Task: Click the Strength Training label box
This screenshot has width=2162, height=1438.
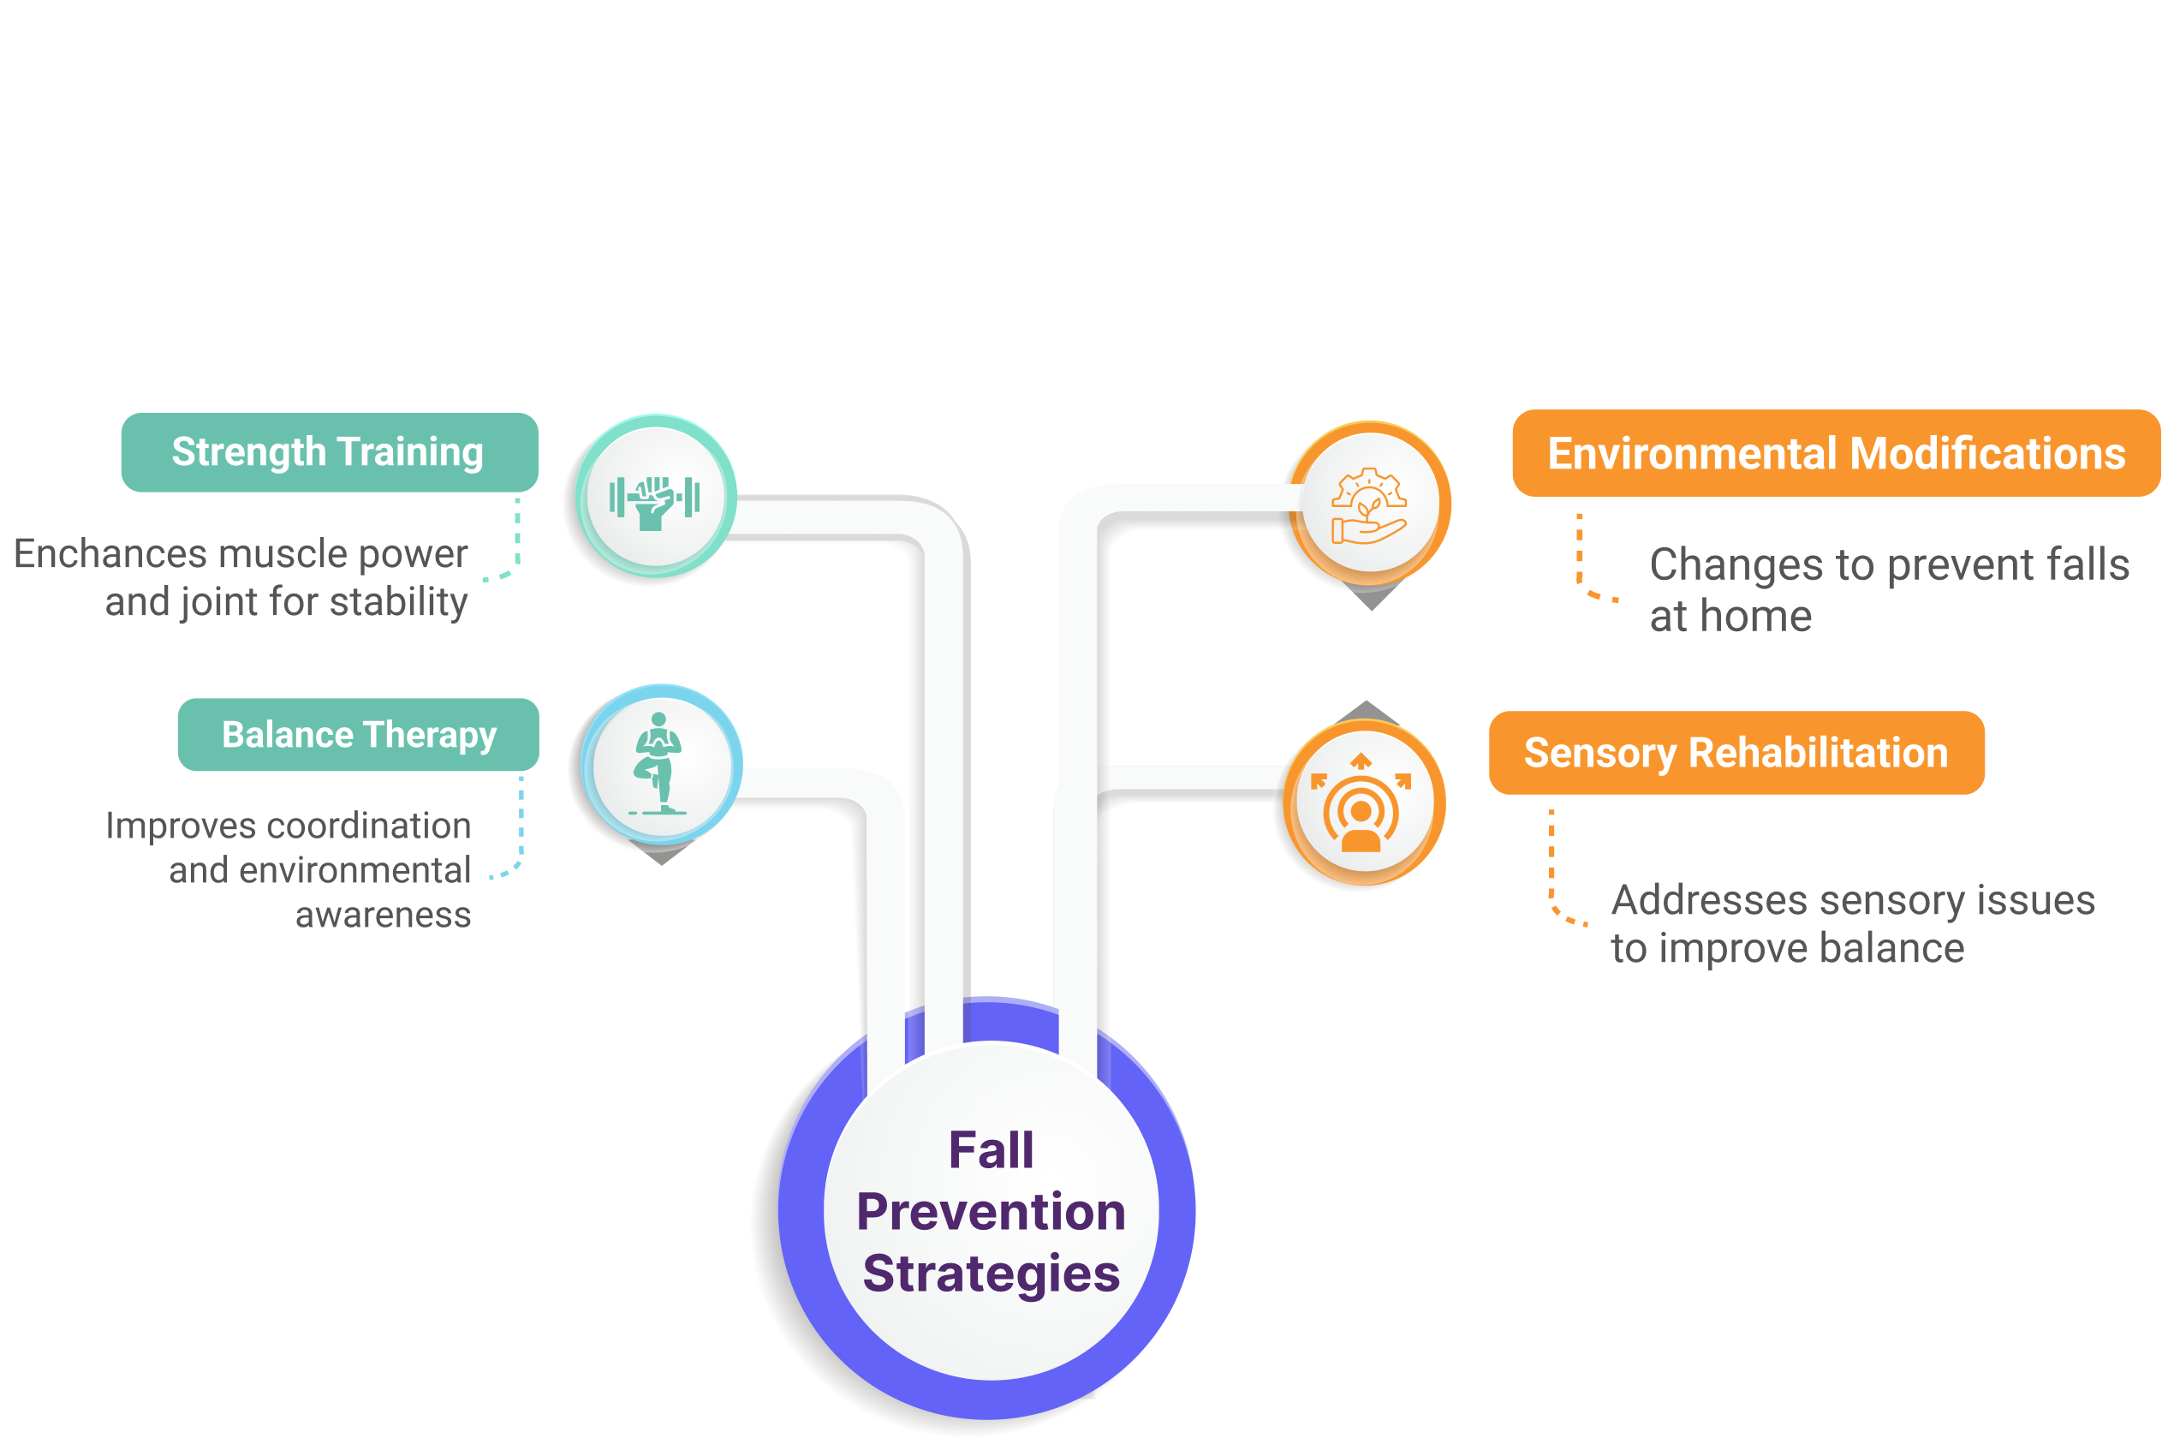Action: (328, 452)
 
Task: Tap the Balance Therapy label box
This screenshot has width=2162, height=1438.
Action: (358, 735)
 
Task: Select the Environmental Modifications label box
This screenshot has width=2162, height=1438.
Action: (1836, 453)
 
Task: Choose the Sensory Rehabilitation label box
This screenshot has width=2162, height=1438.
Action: (1736, 753)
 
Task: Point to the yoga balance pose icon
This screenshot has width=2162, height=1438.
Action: (659, 764)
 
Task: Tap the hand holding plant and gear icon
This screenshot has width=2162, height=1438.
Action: (1368, 506)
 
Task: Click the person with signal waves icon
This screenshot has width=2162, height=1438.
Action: (1361, 803)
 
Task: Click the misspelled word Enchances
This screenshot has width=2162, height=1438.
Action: (110, 554)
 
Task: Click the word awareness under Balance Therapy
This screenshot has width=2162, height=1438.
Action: (383, 915)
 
